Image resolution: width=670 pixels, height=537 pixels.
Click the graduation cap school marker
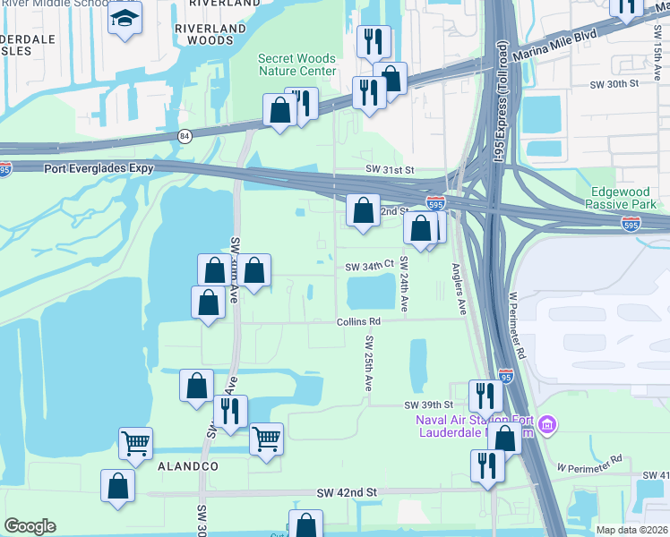(x=125, y=18)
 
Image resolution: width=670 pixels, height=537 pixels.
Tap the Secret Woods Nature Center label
(x=297, y=64)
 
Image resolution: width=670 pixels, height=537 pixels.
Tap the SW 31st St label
(x=390, y=169)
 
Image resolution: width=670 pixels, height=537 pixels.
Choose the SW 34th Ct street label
(x=370, y=266)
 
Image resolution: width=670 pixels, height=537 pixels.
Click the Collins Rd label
(x=358, y=321)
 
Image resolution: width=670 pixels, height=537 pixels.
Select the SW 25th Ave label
(x=368, y=363)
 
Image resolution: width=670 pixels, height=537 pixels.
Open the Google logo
(x=30, y=526)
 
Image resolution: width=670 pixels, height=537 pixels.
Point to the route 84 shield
(x=185, y=136)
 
